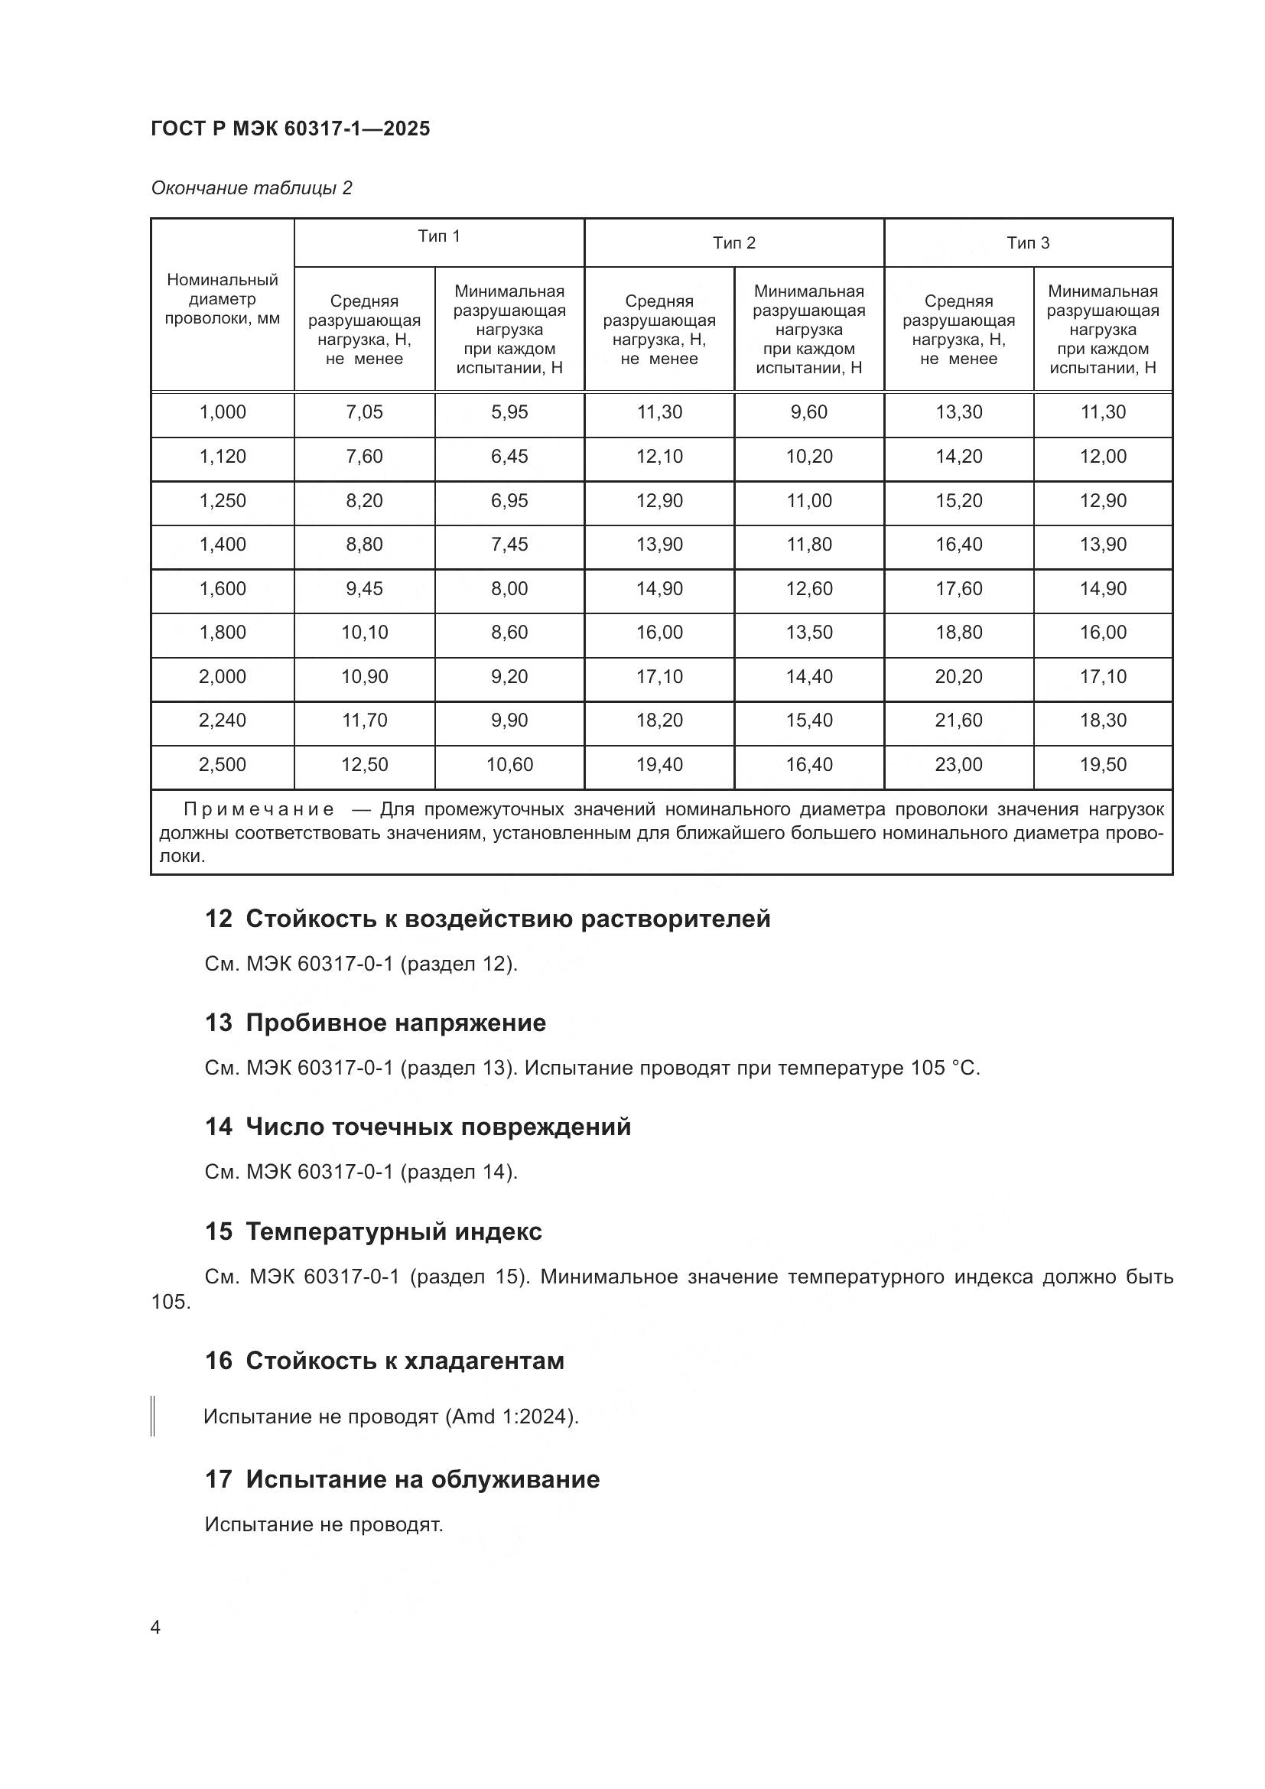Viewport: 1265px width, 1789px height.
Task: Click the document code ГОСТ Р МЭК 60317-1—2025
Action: pyautogui.click(x=290, y=129)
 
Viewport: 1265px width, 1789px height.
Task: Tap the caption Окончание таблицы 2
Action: pyautogui.click(x=252, y=188)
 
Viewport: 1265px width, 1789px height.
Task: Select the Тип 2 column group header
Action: pyautogui.click(x=733, y=243)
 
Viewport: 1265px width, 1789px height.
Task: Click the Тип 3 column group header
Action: pyautogui.click(x=1027, y=243)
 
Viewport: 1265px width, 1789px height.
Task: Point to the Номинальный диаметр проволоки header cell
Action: pyautogui.click(x=222, y=299)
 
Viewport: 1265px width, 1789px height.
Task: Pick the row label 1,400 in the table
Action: pyautogui.click(x=222, y=545)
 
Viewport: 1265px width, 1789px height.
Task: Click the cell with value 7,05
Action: pyautogui.click(x=364, y=412)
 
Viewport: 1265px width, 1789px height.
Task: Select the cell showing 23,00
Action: pyautogui.click(x=958, y=765)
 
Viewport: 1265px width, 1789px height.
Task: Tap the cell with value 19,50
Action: pyautogui.click(x=1102, y=765)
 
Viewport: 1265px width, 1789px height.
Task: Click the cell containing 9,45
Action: pyautogui.click(x=364, y=589)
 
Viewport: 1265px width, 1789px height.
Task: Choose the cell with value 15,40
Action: pyautogui.click(x=808, y=720)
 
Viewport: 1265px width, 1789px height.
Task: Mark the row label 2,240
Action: pyautogui.click(x=222, y=720)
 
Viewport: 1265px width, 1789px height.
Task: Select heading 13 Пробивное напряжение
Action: pyautogui.click(x=376, y=1023)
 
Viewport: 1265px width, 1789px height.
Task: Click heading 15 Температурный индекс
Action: pyautogui.click(x=373, y=1232)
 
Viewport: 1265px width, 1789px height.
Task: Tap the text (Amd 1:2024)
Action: pyautogui.click(x=511, y=1417)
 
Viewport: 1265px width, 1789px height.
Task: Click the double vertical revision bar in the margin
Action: pyautogui.click(x=154, y=1416)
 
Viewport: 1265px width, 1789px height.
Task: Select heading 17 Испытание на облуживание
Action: pyautogui.click(x=402, y=1480)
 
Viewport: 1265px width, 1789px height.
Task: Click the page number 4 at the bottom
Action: pyautogui.click(x=155, y=1628)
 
